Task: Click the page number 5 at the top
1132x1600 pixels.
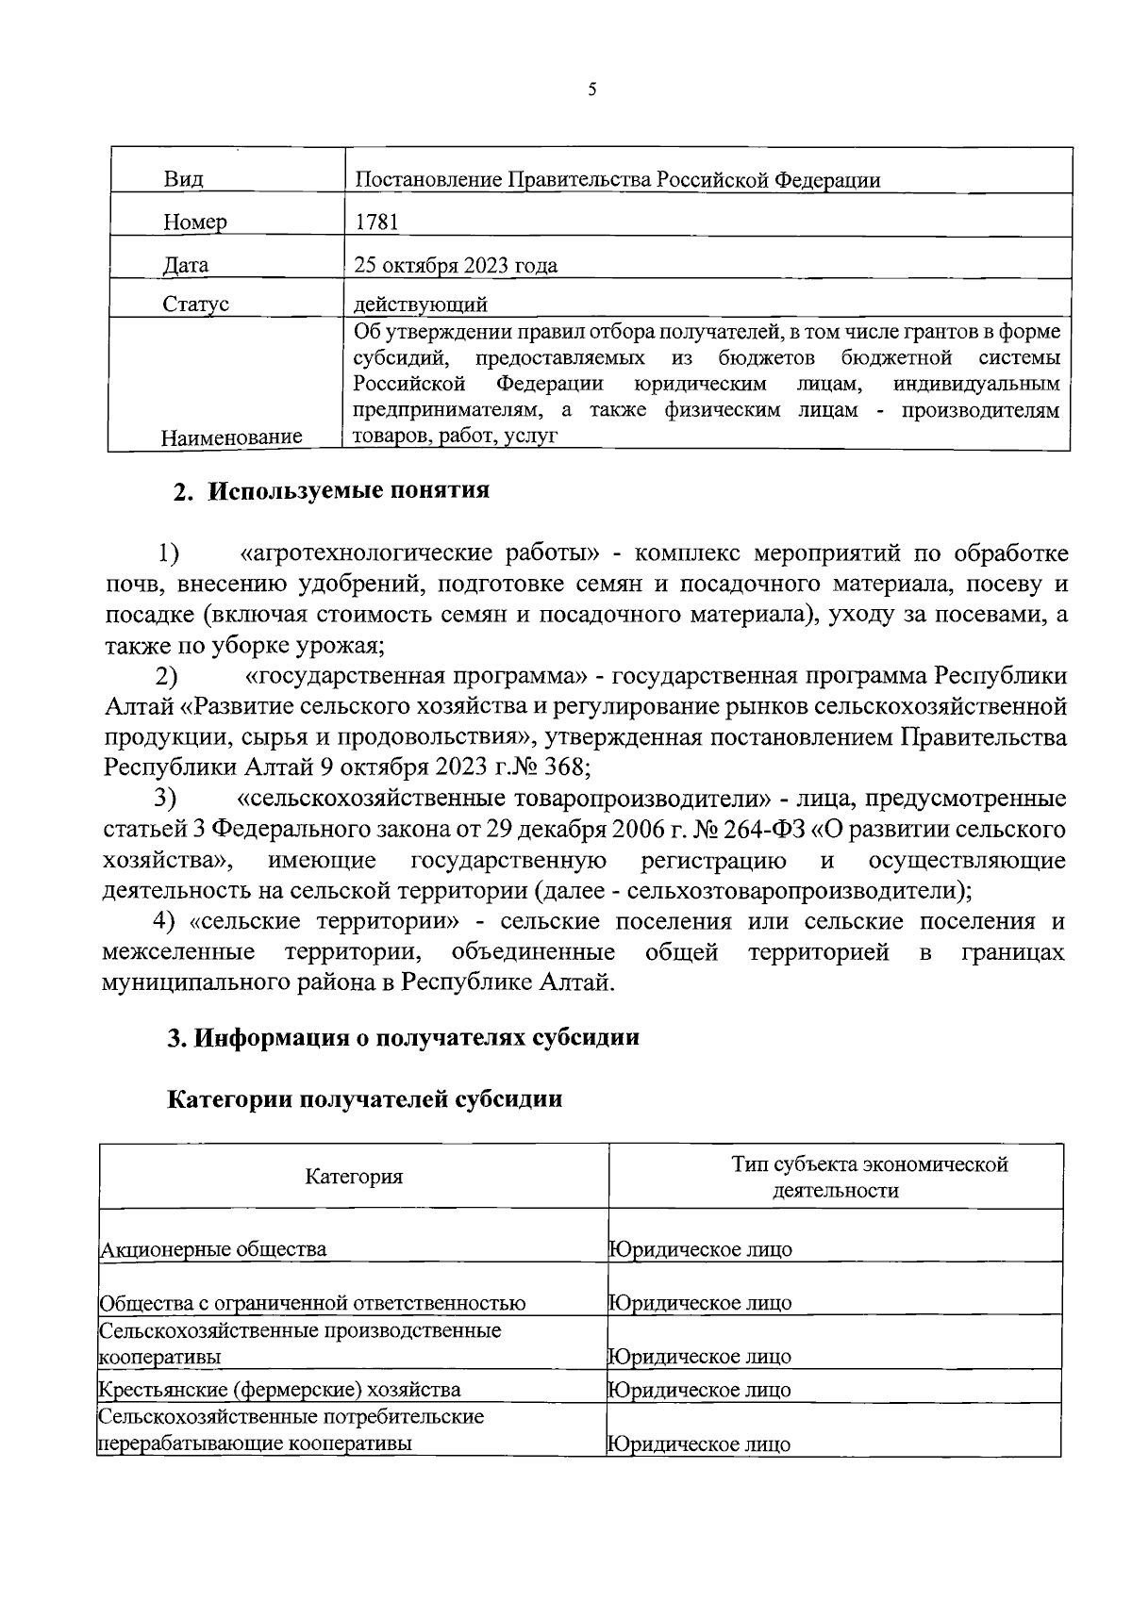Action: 591,90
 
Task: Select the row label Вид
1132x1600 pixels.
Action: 184,179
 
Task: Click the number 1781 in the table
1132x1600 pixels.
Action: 376,222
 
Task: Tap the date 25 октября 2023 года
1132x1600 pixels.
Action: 456,265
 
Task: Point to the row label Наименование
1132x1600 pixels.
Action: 231,437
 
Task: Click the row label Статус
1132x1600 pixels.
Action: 195,304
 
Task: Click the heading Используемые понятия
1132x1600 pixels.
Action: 348,491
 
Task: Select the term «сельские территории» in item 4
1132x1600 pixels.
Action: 324,921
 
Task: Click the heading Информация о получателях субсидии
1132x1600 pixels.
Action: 415,1037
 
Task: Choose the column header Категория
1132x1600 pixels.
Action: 354,1176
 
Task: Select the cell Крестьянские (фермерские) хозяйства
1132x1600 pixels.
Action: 280,1389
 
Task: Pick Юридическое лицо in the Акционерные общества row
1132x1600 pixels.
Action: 700,1249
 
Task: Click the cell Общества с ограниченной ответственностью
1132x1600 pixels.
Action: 312,1303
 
